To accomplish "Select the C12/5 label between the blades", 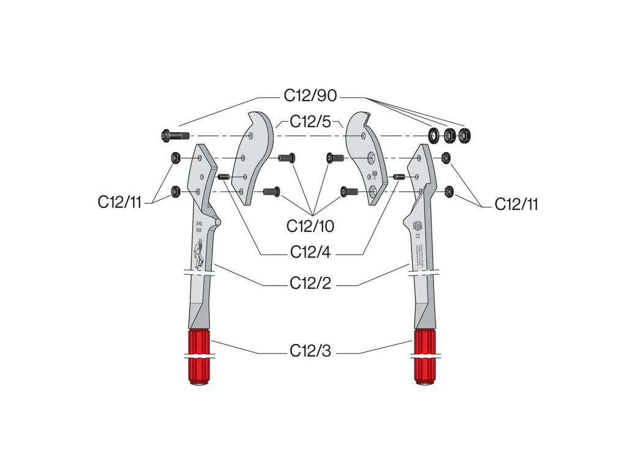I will (x=310, y=121).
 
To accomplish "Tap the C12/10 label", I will (x=310, y=226).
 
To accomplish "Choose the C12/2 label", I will (x=310, y=285).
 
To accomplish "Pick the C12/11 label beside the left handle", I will (x=119, y=202).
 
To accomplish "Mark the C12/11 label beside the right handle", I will (x=516, y=204).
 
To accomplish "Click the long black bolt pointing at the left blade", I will (x=175, y=135).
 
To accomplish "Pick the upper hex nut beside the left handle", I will (x=175, y=159).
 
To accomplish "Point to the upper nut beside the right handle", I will (x=446, y=157).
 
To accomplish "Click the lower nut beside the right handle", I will (x=449, y=192).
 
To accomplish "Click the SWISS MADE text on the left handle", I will (x=198, y=227).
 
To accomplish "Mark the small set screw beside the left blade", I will (x=224, y=177).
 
